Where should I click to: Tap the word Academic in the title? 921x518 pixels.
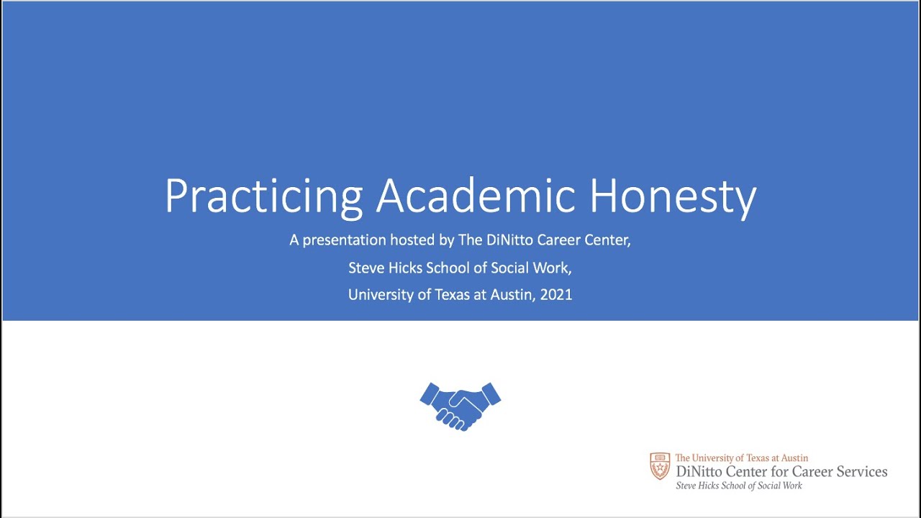[x=475, y=194]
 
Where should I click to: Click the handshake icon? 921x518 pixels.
[x=460, y=406]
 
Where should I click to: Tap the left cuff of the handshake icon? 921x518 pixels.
[x=430, y=394]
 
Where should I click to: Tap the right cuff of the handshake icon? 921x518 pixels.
[x=491, y=394]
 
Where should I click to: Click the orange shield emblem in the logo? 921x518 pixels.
[x=660, y=466]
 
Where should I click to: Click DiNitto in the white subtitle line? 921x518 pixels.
[x=507, y=240]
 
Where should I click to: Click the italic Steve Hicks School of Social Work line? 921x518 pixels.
[x=738, y=486]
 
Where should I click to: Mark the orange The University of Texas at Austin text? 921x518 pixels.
[x=741, y=458]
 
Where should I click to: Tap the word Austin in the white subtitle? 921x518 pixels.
[x=512, y=295]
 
